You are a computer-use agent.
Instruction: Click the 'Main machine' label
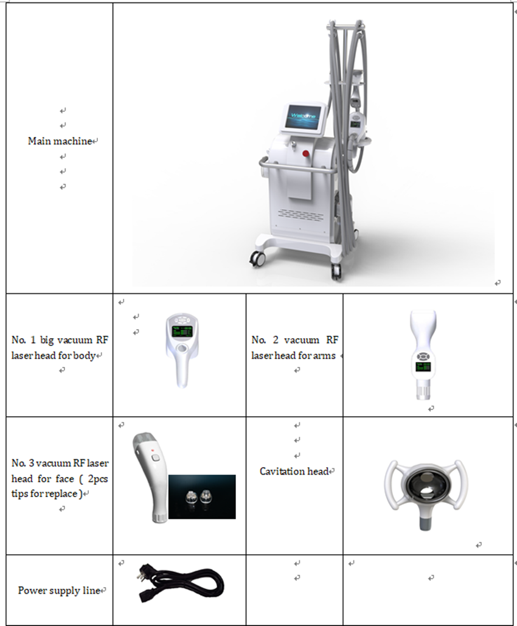[x=60, y=141]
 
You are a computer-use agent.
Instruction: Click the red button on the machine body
[x=307, y=153]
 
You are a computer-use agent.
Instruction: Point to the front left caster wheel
[x=257, y=259]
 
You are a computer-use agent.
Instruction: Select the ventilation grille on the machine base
[x=301, y=214]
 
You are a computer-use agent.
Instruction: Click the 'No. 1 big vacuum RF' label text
[x=60, y=340]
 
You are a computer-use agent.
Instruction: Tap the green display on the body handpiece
[x=182, y=331]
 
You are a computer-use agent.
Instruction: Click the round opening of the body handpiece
[x=182, y=348]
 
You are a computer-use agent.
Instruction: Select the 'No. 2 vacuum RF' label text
[x=294, y=340]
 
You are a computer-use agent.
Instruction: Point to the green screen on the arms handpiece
[x=423, y=367]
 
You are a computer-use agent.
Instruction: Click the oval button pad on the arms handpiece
[x=422, y=356]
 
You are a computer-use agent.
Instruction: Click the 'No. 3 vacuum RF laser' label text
[x=60, y=463]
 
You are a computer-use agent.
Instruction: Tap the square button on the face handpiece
[x=154, y=458]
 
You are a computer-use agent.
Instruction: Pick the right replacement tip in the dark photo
[x=206, y=498]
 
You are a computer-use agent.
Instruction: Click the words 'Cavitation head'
[x=294, y=471]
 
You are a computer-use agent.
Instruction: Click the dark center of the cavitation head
[x=424, y=484]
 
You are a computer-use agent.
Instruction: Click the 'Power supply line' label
[x=58, y=591]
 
